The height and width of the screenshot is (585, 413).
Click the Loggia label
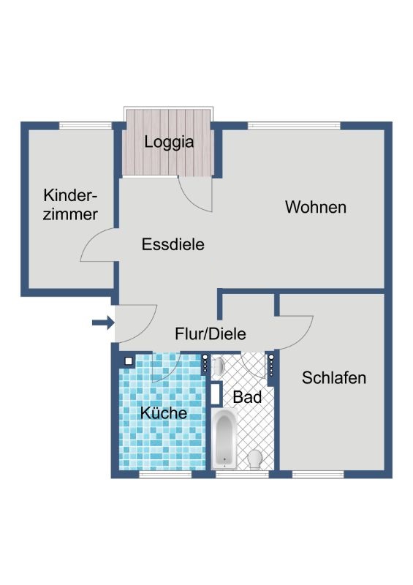pos(169,143)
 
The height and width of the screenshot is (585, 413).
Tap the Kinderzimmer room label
pos(70,205)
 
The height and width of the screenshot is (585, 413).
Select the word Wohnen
pos(316,207)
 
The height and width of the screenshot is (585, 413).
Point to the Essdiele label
pos(173,244)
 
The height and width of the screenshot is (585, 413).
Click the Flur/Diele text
pos(211,333)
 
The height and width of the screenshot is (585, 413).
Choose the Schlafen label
pos(334,378)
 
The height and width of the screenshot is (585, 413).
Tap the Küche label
pos(164,412)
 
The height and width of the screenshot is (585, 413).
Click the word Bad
pos(247,397)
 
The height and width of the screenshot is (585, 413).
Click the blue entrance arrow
pos(103,322)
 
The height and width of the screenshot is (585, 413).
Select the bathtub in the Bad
pos(224,438)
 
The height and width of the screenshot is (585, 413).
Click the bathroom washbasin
pos(219,366)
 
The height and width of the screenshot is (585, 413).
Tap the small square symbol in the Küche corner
pos(129,361)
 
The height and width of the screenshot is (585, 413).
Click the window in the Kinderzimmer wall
pos(86,126)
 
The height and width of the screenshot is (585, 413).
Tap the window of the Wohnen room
pos(295,126)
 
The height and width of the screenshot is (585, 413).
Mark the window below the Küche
pos(165,474)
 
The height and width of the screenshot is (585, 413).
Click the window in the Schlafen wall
pos(318,474)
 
